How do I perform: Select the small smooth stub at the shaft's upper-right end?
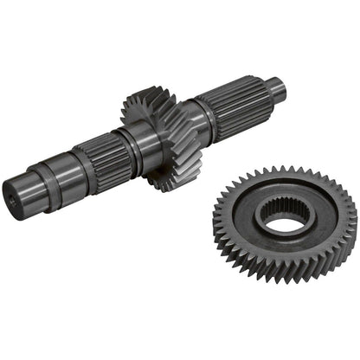tap(274, 87)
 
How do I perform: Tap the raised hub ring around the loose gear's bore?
tap(260, 227)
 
